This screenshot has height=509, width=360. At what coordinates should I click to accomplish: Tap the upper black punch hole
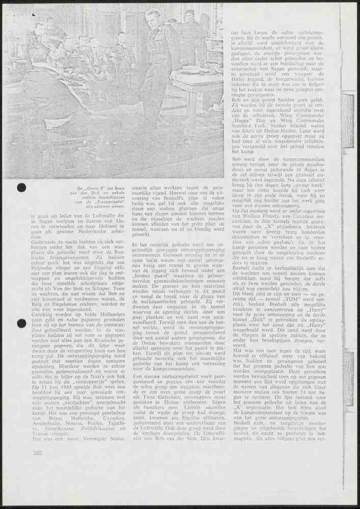click(x=21, y=187)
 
